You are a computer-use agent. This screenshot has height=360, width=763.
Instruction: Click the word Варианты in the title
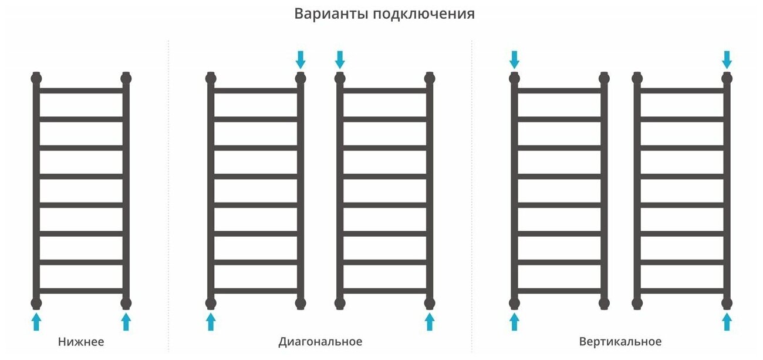pos(330,14)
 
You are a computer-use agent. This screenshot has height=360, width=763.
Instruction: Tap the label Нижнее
pos(81,341)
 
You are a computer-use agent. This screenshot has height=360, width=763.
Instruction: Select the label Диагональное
pos(320,341)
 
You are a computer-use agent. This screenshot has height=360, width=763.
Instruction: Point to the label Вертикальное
pos(620,341)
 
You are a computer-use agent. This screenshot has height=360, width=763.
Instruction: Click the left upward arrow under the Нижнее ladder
pos(36,321)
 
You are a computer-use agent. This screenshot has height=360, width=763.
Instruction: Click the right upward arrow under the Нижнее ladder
pos(126,321)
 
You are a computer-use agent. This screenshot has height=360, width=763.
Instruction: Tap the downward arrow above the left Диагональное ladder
pos(301,59)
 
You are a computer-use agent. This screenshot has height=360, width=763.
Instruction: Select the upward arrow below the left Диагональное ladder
pos(211,321)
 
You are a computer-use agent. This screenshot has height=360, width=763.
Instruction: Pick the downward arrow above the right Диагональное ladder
pos(340,59)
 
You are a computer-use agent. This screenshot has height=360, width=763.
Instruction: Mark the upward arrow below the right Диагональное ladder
pos(430,321)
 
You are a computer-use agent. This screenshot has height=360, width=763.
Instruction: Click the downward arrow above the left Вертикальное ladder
pos(515,59)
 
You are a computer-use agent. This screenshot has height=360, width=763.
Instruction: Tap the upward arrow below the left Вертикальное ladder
pos(515,321)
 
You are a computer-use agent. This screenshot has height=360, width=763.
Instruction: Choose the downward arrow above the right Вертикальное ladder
pos(727,59)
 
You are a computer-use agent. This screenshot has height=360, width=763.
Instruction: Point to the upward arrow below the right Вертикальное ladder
pos(727,321)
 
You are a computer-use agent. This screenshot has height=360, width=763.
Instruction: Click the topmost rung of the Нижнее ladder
pos(81,90)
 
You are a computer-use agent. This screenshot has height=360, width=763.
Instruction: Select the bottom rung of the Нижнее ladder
pos(81,291)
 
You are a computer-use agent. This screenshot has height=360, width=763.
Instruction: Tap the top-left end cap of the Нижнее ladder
pos(36,78)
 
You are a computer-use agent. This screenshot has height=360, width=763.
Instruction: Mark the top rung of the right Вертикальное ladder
pos(682,90)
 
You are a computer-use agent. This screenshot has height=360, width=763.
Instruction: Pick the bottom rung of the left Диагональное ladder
pos(256,291)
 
